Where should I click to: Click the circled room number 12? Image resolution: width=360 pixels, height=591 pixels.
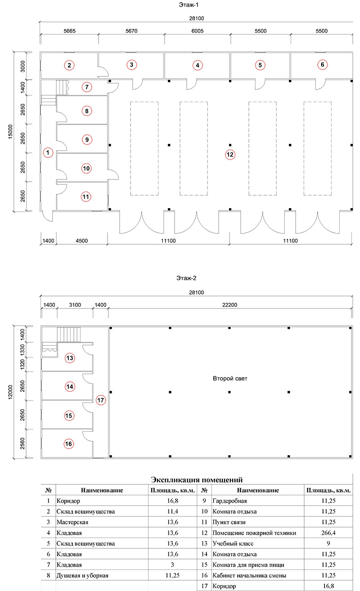tap(230, 155)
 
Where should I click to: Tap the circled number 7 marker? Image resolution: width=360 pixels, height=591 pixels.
tap(86, 87)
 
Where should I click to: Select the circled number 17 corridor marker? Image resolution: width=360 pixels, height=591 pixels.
tap(100, 400)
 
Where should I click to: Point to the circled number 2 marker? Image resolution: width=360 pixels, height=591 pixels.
tap(69, 65)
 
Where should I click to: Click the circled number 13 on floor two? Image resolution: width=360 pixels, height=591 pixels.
tap(70, 358)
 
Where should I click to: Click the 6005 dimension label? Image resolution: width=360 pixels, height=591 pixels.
tap(198, 31)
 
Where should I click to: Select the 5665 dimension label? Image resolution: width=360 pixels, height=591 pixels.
tap(69, 31)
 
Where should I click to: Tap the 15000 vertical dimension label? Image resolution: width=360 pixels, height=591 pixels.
tap(10, 132)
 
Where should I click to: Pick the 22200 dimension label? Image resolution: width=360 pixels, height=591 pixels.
tap(229, 305)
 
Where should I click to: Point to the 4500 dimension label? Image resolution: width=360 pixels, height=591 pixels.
tap(81, 241)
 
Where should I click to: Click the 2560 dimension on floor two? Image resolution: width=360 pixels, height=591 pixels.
tap(22, 443)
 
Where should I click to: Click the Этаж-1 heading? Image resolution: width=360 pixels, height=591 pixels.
tap(189, 4)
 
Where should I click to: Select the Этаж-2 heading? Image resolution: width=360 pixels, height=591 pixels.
tap(186, 278)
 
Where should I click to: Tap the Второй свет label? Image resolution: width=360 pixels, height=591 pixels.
tap(230, 378)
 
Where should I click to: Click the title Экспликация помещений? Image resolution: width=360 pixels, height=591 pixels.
tap(197, 479)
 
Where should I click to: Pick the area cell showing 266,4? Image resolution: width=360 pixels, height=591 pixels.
tap(328, 533)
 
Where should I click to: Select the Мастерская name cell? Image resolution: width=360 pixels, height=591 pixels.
tap(72, 522)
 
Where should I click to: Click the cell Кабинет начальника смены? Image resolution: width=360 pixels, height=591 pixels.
tap(249, 575)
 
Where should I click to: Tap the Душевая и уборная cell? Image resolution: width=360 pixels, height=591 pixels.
tap(82, 575)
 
